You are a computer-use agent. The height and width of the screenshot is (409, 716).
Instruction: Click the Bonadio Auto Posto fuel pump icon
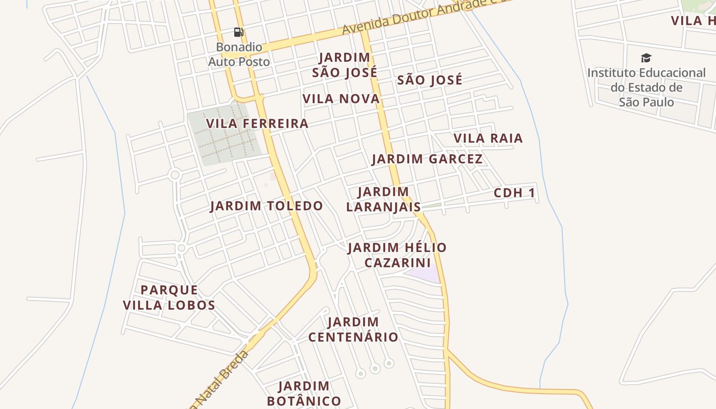click(238, 32)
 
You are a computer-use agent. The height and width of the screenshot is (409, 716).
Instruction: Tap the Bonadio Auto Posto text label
click(239, 54)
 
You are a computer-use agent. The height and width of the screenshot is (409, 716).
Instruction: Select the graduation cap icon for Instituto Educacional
click(646, 58)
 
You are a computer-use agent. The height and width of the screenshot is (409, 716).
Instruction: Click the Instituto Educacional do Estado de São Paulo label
click(646, 87)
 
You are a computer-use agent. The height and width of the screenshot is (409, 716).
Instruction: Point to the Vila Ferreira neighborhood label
click(257, 124)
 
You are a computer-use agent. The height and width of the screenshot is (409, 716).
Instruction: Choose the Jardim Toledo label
click(266, 206)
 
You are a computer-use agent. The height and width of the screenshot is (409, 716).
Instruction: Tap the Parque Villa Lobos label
click(169, 298)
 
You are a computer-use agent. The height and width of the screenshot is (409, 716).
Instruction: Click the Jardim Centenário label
click(353, 330)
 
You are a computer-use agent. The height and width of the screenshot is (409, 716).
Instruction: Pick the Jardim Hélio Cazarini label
click(397, 255)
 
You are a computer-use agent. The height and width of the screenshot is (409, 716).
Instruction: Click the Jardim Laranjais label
click(384, 199)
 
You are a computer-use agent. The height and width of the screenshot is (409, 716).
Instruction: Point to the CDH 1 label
click(514, 193)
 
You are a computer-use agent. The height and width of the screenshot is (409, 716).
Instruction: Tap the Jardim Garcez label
click(427, 159)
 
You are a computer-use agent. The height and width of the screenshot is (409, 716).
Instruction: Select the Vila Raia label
click(488, 138)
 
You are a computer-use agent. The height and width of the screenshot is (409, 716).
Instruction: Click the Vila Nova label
click(341, 99)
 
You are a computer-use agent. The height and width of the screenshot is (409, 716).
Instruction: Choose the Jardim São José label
click(345, 65)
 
